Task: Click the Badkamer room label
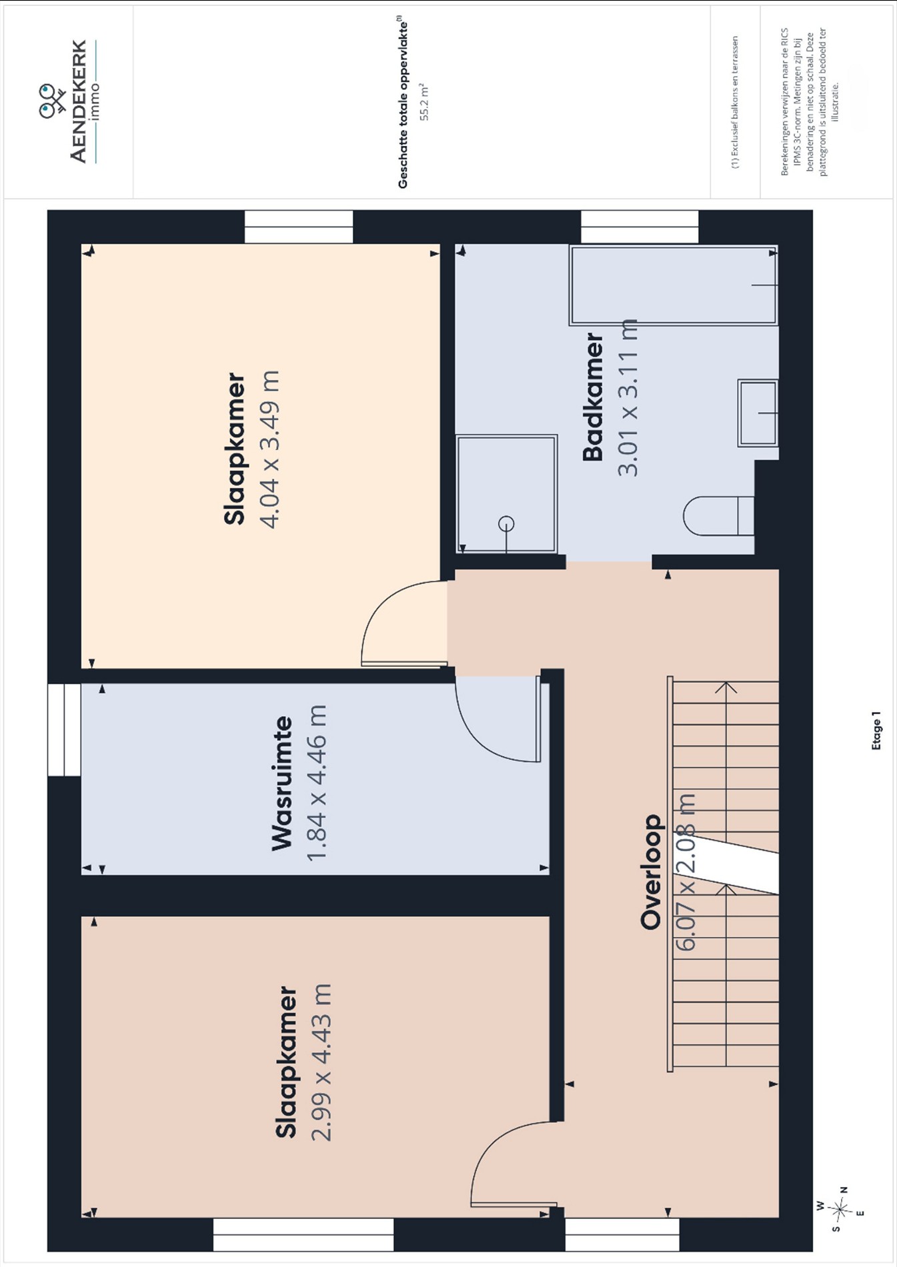pyautogui.click(x=593, y=397)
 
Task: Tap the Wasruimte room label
pyautogui.click(x=282, y=784)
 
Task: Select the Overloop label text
pyautogui.click(x=651, y=872)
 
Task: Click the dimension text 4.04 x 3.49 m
pyautogui.click(x=269, y=449)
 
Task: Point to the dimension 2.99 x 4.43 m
pyautogui.click(x=321, y=1062)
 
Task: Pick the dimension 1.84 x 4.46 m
pyautogui.click(x=316, y=783)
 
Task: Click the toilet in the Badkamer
pyautogui.click(x=719, y=515)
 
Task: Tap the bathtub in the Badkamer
pyautogui.click(x=674, y=285)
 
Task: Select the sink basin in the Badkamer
pyautogui.click(x=758, y=413)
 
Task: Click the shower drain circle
pyautogui.click(x=506, y=524)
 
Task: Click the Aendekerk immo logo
pyautogui.click(x=69, y=101)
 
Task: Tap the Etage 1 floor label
pyautogui.click(x=876, y=730)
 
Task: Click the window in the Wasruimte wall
pyautogui.click(x=64, y=730)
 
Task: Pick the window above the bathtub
pyautogui.click(x=640, y=227)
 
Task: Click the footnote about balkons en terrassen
pyautogui.click(x=735, y=103)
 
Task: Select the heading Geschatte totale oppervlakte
pyautogui.click(x=403, y=105)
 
